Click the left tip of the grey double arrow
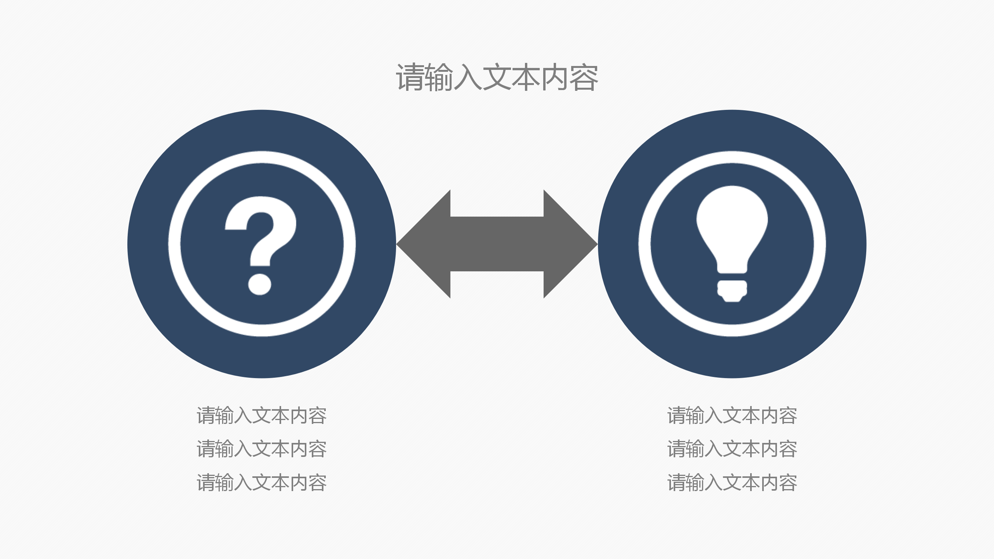coord(396,244)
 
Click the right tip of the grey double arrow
coord(598,244)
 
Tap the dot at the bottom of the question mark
coord(260,284)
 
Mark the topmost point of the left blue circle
coord(262,110)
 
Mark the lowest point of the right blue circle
coord(732,378)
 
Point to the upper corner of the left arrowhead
coord(450,190)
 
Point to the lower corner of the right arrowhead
coord(544,298)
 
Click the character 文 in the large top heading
coord(497,78)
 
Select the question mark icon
coord(261,245)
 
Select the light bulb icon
coord(732,244)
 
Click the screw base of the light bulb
coord(732,291)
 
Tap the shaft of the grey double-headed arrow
coord(497,244)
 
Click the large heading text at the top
coord(497,78)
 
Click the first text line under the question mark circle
coord(262,415)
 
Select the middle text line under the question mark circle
coord(262,449)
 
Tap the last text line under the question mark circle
coord(262,483)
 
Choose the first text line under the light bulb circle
coord(732,415)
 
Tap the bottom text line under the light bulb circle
coord(732,483)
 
